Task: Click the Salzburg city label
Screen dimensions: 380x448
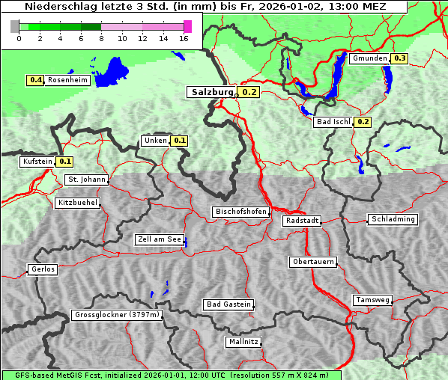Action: [211, 92]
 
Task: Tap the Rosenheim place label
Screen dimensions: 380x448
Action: [67, 80]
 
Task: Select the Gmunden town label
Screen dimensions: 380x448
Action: [369, 58]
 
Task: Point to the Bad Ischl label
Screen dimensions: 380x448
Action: [333, 122]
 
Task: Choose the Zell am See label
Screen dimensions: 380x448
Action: [160, 239]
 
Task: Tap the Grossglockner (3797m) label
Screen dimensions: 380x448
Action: [118, 315]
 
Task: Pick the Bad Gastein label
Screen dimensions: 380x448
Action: [228, 304]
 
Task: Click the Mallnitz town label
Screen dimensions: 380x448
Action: [243, 342]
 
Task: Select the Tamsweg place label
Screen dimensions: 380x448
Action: [373, 300]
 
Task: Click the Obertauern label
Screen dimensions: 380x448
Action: [312, 262]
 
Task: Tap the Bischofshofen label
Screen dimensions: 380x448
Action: [240, 212]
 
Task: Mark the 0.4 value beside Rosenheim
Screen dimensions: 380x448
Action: [35, 80]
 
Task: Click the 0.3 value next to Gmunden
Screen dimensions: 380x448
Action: [399, 58]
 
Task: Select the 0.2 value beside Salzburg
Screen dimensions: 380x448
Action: [249, 93]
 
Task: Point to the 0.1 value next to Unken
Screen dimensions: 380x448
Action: [179, 140]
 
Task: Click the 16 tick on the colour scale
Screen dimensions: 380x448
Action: [184, 39]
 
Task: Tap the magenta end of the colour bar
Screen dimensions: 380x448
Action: [187, 26]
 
